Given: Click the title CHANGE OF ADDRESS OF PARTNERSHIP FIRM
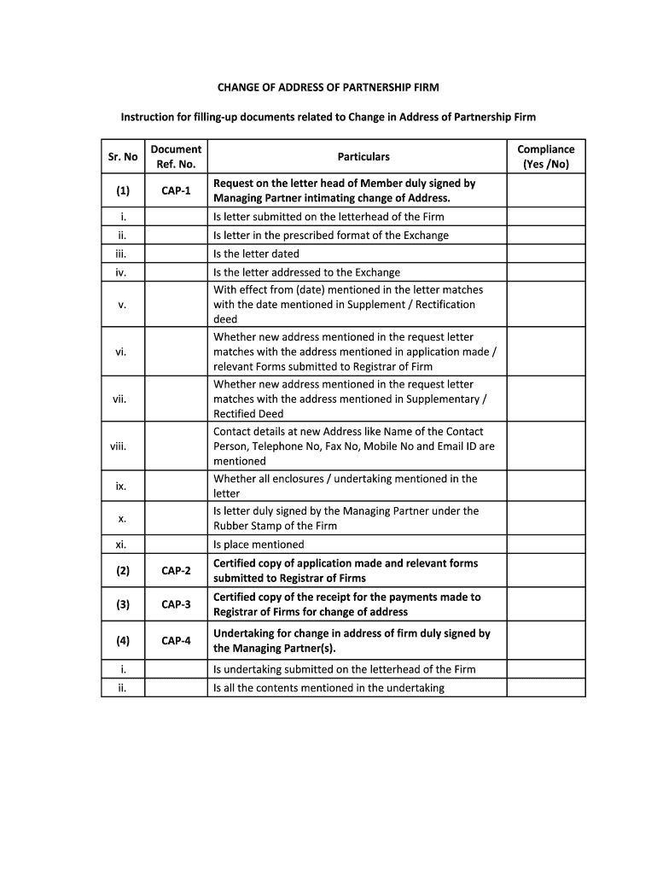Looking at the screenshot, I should coord(328,88).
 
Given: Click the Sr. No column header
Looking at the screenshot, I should coord(123,157).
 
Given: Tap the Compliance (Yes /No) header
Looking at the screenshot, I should coord(546,157).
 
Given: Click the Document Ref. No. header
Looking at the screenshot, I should coord(176,157).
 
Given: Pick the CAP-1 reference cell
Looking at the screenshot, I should coord(176,190).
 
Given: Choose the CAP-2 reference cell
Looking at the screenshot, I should coord(176,571).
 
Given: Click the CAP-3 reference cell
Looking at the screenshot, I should coord(176,604).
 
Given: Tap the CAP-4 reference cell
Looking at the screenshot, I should coord(176,640).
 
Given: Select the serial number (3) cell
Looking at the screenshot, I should coord(123,604).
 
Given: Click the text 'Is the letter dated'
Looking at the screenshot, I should coord(256,253).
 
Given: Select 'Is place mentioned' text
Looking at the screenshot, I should coord(259,545).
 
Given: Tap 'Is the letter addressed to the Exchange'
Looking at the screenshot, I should coord(306,272).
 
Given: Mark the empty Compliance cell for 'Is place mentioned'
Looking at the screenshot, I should coord(546,545).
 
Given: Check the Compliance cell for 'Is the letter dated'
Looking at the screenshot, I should coord(546,253).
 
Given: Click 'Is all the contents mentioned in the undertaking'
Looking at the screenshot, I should coord(328,688).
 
